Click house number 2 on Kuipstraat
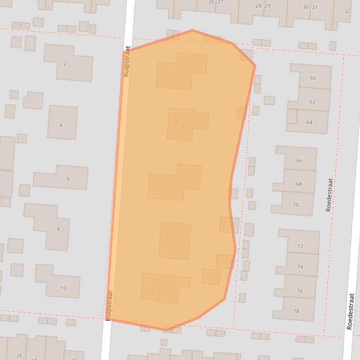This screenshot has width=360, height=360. (x=65, y=64)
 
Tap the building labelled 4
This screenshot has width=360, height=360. (x=61, y=125)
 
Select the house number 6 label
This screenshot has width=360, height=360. (x=68, y=179)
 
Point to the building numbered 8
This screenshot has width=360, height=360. (x=59, y=229)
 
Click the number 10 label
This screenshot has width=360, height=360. (x=63, y=288)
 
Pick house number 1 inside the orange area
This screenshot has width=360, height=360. (x=195, y=64)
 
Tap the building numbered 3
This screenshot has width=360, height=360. (x=182, y=125)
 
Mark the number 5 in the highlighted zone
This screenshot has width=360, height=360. (x=163, y=187)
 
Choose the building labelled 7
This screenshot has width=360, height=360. (x=170, y=240)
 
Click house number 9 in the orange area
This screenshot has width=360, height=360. (x=152, y=290)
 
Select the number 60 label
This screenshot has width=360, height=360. (x=313, y=78)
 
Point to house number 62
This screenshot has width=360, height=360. (x=312, y=101)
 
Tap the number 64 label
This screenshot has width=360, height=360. (x=309, y=122)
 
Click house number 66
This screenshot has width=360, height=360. (x=299, y=160)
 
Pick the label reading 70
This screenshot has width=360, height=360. (x=295, y=205)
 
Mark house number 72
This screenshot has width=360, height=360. (x=300, y=246)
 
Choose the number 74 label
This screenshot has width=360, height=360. (x=300, y=267)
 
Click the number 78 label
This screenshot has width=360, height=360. (x=296, y=311)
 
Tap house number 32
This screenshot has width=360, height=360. (x=347, y=11)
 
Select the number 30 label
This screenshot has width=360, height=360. (x=306, y=7)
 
